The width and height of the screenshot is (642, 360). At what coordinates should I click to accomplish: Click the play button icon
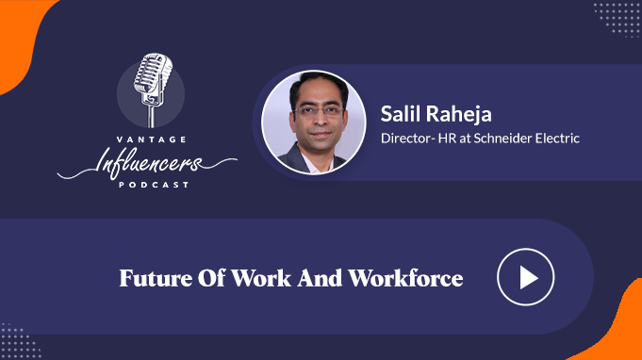click(x=526, y=277)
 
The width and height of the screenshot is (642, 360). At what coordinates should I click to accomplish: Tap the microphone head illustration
click(x=153, y=74)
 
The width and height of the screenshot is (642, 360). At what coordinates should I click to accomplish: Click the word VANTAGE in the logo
click(x=152, y=139)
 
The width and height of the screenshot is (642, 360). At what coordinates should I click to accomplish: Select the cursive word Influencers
click(x=147, y=164)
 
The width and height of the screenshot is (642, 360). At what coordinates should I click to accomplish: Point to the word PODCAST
click(x=154, y=185)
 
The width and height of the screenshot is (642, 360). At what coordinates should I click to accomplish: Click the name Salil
click(x=402, y=113)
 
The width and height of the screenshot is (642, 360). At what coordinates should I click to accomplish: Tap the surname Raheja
click(x=459, y=114)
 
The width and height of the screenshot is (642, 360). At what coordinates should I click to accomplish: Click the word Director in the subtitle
click(x=405, y=139)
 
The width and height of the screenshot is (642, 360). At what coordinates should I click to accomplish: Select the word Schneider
click(x=502, y=139)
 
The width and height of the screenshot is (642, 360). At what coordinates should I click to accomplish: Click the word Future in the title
click(x=156, y=278)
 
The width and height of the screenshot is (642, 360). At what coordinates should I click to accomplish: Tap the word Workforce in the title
click(x=405, y=278)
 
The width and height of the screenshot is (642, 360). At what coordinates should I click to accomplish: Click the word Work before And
click(x=261, y=278)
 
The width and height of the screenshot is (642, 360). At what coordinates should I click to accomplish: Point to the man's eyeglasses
click(x=319, y=111)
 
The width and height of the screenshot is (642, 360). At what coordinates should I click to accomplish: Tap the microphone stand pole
click(x=152, y=116)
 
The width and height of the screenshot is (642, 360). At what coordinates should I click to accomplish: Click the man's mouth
click(x=321, y=134)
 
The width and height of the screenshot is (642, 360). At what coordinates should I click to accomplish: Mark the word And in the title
click(x=320, y=278)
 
